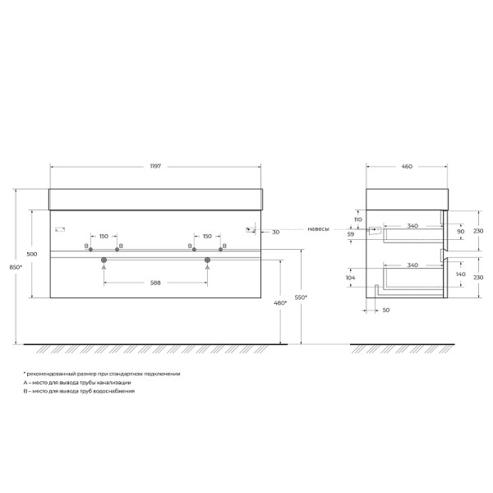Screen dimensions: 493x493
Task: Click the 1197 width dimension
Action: pyautogui.click(x=155, y=165)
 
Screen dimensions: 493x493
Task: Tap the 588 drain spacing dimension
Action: pyautogui.click(x=155, y=282)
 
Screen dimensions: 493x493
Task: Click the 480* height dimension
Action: pyautogui.click(x=280, y=303)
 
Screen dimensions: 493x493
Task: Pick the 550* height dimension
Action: pyautogui.click(x=301, y=297)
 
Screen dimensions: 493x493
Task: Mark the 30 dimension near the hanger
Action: pyautogui.click(x=275, y=233)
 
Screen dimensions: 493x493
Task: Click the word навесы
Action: pyautogui.click(x=319, y=229)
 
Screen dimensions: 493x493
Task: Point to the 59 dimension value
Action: pyautogui.click(x=352, y=235)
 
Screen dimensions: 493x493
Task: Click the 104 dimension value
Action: pyautogui.click(x=352, y=279)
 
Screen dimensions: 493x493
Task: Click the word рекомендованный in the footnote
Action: pyautogui.click(x=50, y=374)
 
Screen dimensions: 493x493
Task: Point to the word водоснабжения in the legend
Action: pyautogui.click(x=118, y=392)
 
